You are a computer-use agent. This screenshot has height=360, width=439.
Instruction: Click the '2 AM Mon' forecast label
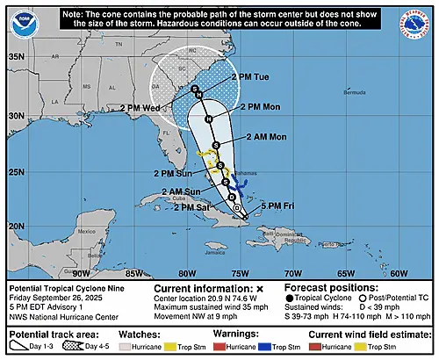coord(257,137)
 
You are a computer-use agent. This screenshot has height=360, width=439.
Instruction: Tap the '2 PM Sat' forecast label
coord(192,206)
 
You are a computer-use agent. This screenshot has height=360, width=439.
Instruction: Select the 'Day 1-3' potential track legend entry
coord(36,348)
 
